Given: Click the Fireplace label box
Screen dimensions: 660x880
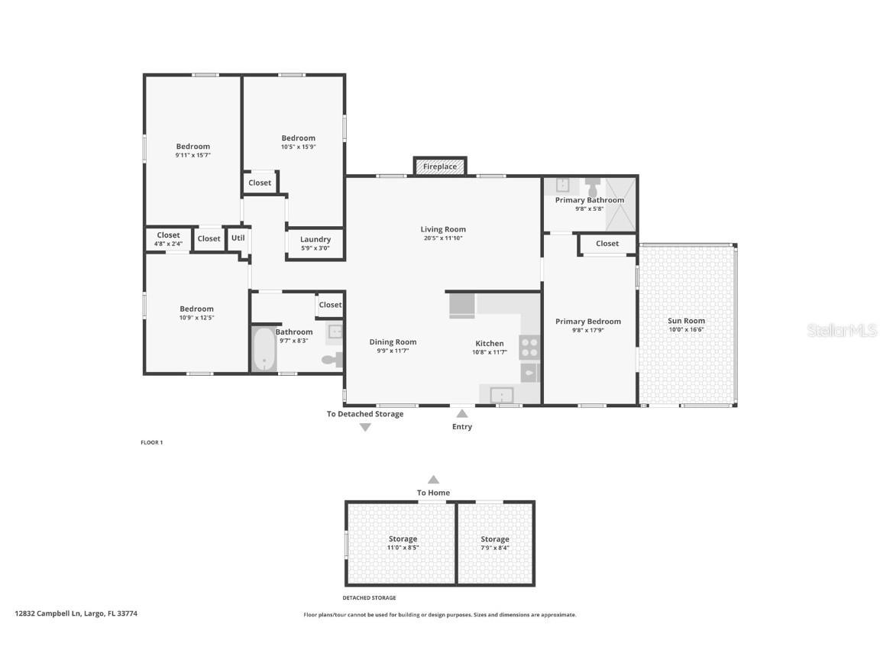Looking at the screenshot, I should click(440, 167).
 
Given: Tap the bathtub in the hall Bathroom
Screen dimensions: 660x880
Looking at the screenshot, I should click(264, 350).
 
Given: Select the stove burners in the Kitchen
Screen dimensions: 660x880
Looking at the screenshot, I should click(529, 348).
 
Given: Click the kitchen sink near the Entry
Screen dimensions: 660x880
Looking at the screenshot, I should click(501, 395).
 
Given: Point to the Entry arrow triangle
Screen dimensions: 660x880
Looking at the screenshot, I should click(461, 413).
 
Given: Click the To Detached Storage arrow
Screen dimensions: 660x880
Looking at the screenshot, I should click(365, 428).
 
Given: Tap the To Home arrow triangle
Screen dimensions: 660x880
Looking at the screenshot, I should click(433, 480).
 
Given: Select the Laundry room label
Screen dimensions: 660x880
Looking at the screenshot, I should click(315, 240).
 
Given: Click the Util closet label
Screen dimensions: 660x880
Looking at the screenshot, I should click(238, 238).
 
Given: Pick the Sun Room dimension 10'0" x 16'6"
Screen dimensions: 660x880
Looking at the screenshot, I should click(687, 329).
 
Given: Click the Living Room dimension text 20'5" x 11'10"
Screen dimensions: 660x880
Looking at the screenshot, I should click(443, 238).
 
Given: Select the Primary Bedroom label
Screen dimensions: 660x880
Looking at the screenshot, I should click(587, 322).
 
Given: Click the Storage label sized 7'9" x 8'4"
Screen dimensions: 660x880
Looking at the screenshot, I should click(494, 539).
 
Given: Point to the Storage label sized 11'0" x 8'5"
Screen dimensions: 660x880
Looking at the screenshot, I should click(403, 539).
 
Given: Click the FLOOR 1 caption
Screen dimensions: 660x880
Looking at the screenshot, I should click(151, 442).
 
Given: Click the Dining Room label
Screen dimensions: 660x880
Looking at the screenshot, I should click(393, 342).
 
